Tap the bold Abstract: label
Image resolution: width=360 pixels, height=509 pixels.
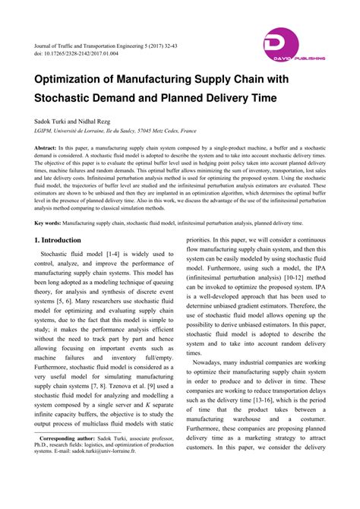[49, 146]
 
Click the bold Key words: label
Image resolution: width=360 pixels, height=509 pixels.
[49, 223]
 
